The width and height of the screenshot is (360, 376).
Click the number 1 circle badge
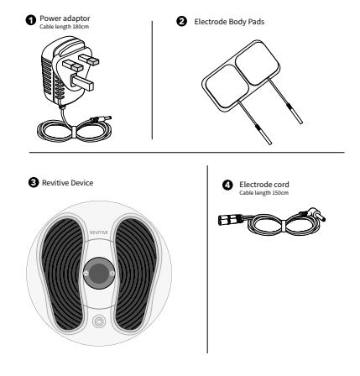coord(31,20)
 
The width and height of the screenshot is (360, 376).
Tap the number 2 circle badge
coord(181,22)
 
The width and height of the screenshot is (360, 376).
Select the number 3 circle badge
coord(34,182)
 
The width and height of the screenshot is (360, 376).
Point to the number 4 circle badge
coord(227,185)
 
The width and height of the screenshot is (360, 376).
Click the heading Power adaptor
coord(65,18)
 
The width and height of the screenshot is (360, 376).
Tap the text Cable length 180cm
coord(65,27)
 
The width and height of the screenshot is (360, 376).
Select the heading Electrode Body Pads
coord(229,22)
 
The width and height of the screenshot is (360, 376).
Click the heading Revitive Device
coord(68,183)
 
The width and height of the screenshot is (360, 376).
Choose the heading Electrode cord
coord(264,185)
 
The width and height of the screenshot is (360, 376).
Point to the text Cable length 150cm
coord(263,193)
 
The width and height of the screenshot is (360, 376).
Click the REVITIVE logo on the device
coord(99,232)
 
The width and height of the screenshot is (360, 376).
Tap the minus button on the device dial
coord(86,274)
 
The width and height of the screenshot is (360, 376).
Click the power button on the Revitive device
coord(99,321)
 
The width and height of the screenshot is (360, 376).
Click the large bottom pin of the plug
coord(82,82)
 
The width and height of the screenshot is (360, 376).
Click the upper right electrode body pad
coord(258,63)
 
